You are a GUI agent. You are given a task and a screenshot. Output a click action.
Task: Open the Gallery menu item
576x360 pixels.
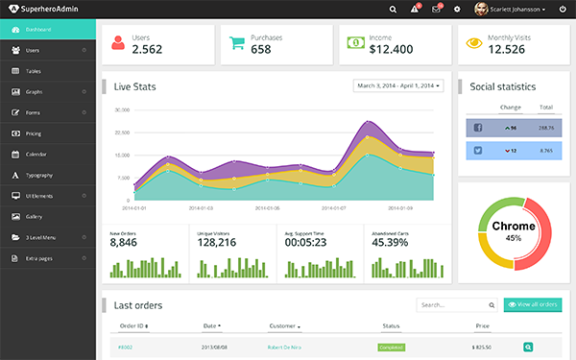tap(35, 216)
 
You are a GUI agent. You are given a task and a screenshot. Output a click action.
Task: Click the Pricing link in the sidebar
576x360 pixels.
tap(34, 133)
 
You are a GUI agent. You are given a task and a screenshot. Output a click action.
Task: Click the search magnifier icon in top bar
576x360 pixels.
tap(393, 9)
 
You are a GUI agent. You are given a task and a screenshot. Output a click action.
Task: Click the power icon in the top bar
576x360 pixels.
tap(563, 9)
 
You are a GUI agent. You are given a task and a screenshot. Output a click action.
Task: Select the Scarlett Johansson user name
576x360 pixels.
tap(516, 9)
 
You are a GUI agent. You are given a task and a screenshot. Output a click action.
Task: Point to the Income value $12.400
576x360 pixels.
tap(391, 49)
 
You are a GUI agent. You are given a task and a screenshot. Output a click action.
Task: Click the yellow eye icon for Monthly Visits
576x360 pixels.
tap(473, 43)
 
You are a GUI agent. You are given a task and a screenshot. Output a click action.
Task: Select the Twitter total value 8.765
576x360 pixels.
tap(546, 150)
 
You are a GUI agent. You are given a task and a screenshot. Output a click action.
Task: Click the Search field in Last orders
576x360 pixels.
tap(456, 305)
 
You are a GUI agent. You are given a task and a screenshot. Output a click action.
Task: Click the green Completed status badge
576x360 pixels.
tap(392, 347)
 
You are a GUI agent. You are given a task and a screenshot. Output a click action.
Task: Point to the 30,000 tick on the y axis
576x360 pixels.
tap(122, 109)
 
